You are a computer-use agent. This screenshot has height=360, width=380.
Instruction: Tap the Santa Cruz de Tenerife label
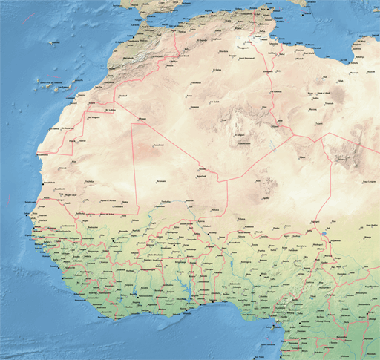click(48, 82)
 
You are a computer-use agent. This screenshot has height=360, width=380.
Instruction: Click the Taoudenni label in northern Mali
click(158, 145)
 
